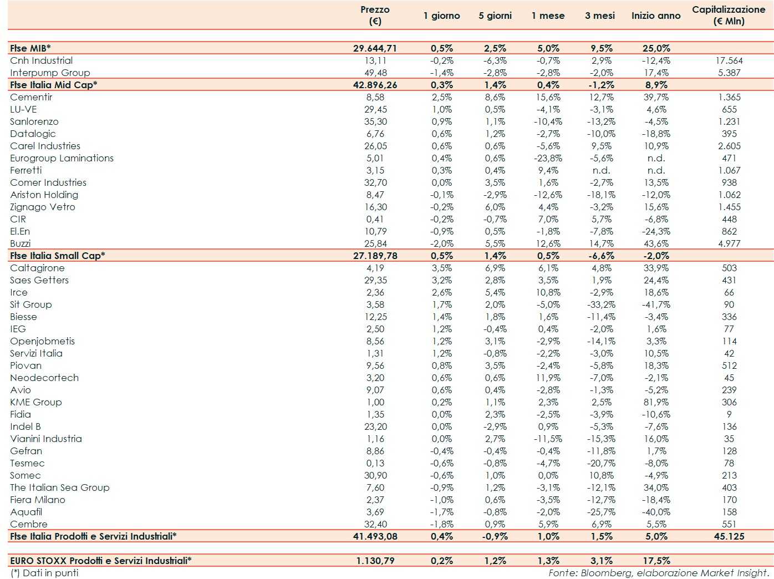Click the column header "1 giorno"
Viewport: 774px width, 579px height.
[441, 16]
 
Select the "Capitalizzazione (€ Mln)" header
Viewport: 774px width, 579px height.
[729, 16]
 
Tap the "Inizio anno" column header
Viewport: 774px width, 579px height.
[655, 16]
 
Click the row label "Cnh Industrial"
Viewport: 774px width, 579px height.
[42, 60]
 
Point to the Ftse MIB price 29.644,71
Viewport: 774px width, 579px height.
[375, 48]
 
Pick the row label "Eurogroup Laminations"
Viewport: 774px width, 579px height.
[62, 158]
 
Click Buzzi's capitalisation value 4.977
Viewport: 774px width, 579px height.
[729, 243]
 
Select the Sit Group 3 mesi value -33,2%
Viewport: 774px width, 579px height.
[601, 304]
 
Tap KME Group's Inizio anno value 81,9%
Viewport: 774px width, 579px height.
[656, 402]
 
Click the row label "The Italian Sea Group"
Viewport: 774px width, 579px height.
[60, 487]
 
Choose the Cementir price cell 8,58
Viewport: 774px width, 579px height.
[375, 97]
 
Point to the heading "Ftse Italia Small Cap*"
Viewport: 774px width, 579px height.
[58, 256]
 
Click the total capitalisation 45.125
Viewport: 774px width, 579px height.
[729, 536]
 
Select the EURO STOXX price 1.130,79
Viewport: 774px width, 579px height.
[375, 561]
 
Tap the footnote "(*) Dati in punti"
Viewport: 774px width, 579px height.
[44, 573]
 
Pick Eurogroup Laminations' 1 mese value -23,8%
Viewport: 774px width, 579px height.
[548, 158]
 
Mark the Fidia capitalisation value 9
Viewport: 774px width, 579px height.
[729, 414]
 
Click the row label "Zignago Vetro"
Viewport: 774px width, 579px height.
[43, 207]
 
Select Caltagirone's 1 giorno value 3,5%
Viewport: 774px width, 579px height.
[441, 268]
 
